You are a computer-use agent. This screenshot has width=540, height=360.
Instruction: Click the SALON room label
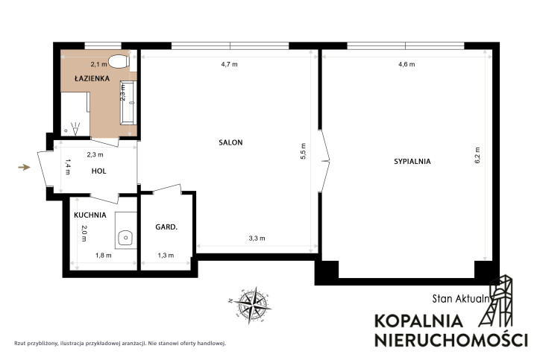tap(230, 142)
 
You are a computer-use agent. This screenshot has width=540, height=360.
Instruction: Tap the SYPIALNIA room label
tap(412, 162)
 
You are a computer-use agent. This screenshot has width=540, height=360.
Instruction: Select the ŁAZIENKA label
tap(92, 78)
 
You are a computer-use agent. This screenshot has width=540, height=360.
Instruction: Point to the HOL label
tap(99, 171)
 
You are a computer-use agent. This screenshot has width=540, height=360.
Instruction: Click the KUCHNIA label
tap(90, 215)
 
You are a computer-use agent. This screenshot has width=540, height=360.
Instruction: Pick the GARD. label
tap(166, 227)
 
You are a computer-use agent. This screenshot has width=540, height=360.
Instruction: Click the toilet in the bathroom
tap(119, 62)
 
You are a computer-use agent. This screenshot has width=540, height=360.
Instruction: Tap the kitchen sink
tap(126, 238)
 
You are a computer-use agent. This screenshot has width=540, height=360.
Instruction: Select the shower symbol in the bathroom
tap(75, 128)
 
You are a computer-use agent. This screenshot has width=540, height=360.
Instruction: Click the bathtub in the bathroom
tap(128, 103)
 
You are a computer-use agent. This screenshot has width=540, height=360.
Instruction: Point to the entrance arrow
tap(24, 168)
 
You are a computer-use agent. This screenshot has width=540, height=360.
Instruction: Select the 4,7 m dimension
tap(230, 64)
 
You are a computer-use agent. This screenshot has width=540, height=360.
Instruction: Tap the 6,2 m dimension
tap(477, 155)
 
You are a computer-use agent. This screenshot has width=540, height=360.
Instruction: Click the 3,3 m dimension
tap(257, 239)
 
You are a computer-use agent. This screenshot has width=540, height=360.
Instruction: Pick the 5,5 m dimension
tap(303, 151)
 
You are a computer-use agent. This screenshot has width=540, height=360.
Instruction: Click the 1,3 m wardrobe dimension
tap(166, 256)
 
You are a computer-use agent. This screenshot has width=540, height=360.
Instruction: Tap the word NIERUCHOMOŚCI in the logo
tap(450, 339)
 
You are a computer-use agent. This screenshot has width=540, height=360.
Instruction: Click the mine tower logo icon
tap(496, 301)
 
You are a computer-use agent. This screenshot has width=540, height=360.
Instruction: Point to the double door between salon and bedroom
tap(324, 161)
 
